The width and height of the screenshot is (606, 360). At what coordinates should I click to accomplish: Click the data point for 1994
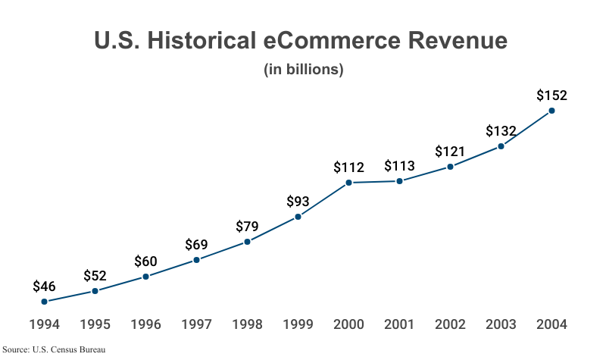45,302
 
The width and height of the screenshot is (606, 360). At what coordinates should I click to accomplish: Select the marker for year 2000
349,183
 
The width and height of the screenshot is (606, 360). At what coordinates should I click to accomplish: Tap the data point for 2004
552,111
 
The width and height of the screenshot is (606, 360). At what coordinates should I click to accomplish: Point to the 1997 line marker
197,260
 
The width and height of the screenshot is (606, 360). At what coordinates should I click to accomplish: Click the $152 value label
552,95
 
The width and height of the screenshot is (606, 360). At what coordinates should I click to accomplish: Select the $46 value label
45,286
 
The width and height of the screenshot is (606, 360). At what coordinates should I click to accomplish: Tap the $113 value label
400,166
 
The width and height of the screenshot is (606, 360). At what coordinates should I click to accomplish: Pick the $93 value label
298,202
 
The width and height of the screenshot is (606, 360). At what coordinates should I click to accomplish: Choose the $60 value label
146,261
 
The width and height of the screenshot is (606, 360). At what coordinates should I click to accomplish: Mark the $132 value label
501,131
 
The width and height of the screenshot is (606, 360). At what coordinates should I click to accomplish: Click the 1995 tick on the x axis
95,324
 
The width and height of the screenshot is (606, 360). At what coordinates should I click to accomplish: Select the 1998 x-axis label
248,324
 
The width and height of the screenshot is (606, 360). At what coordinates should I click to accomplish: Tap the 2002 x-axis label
451,324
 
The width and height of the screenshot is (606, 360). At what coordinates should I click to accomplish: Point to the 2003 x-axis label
501,324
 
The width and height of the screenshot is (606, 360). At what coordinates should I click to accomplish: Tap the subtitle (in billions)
304,70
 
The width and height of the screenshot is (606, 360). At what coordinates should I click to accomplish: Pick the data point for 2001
400,181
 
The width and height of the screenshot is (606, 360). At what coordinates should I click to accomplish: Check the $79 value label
248,227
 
